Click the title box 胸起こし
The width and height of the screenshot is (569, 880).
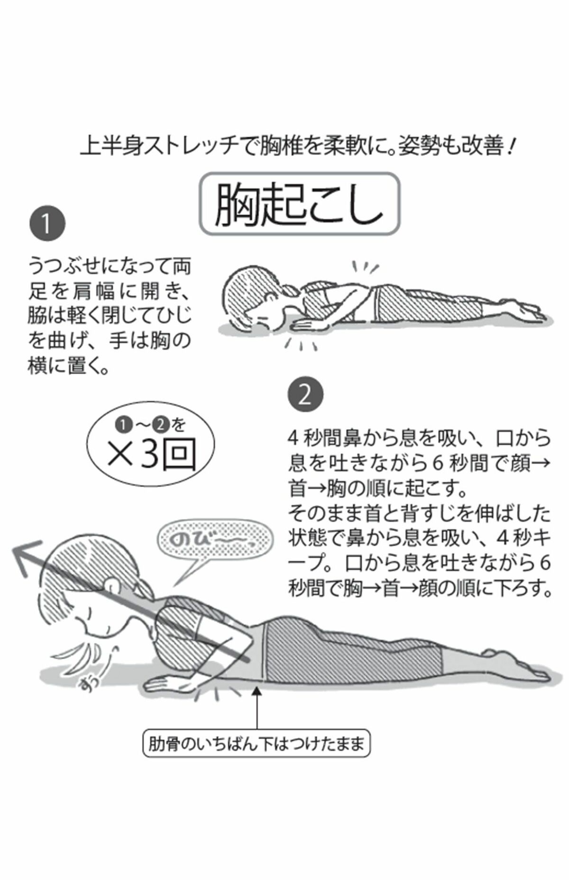[x=299, y=204]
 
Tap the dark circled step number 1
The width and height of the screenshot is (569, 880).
[x=46, y=223]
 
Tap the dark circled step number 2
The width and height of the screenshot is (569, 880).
[x=305, y=394]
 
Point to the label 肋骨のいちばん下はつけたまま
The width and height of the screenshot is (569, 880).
[x=256, y=745]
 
